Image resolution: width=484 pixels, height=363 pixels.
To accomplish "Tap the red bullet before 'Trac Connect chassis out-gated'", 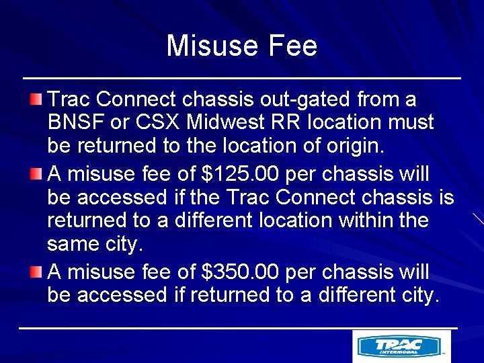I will coord(36,99).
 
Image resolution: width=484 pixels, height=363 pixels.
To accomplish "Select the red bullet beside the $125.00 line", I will coord(36,175).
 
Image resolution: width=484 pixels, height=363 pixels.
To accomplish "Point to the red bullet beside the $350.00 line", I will coord(36,272).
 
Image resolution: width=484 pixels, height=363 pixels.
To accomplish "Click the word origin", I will coord(354,146).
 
